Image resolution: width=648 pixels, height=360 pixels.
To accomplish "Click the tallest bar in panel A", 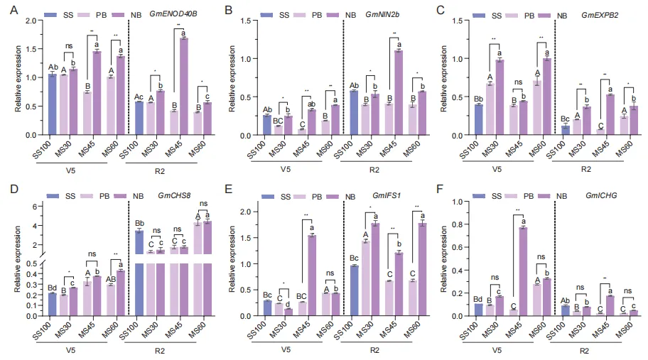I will [x=184, y=86].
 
